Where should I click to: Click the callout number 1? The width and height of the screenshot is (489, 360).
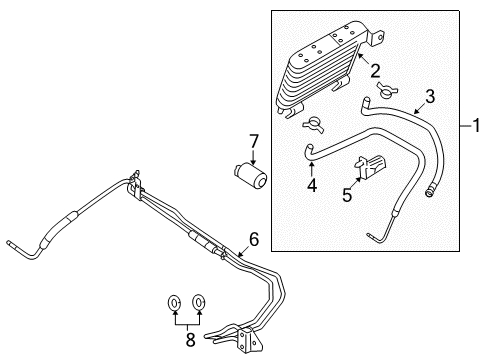click(x=477, y=126)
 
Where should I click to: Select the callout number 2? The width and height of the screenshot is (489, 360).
click(x=375, y=71)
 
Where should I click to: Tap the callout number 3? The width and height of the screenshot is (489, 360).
click(x=430, y=96)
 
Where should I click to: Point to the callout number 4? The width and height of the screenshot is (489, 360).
click(x=312, y=185)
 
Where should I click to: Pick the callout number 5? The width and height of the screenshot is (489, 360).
click(x=347, y=195)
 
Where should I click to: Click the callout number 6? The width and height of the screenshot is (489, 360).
click(x=254, y=239)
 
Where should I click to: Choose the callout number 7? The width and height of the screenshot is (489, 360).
click(x=254, y=141)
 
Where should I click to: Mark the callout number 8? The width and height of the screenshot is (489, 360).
click(x=190, y=340)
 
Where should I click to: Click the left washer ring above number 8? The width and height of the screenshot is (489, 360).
click(x=174, y=303)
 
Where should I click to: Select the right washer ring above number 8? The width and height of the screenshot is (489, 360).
click(x=199, y=302)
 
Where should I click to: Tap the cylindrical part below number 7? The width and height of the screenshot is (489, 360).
click(x=250, y=175)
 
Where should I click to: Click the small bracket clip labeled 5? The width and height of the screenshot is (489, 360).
click(x=370, y=166)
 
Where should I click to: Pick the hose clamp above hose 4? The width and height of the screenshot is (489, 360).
click(x=313, y=125)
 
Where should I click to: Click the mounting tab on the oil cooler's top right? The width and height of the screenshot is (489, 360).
click(x=376, y=37)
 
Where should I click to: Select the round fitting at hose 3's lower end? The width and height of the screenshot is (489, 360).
click(x=429, y=193)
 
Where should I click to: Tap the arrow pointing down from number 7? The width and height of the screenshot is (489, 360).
click(x=254, y=157)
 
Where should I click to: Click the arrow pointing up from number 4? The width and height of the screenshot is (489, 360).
click(x=311, y=169)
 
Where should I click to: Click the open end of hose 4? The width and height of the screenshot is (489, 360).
click(x=309, y=146)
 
